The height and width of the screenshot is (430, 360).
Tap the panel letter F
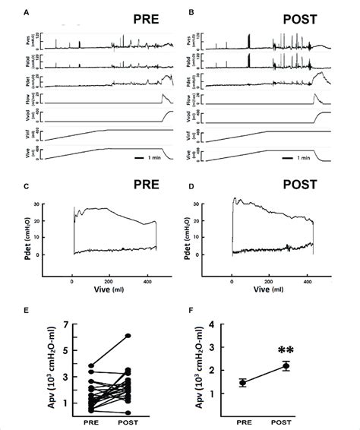pyautogui.click(x=188, y=311)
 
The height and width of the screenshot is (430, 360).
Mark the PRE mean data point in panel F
pyautogui.click(x=243, y=383)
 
